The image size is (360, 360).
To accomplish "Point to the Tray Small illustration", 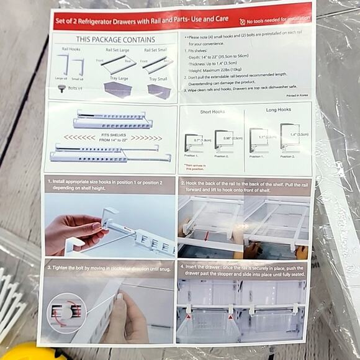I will [x=160, y=91].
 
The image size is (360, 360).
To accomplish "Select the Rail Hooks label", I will [x=71, y=48].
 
